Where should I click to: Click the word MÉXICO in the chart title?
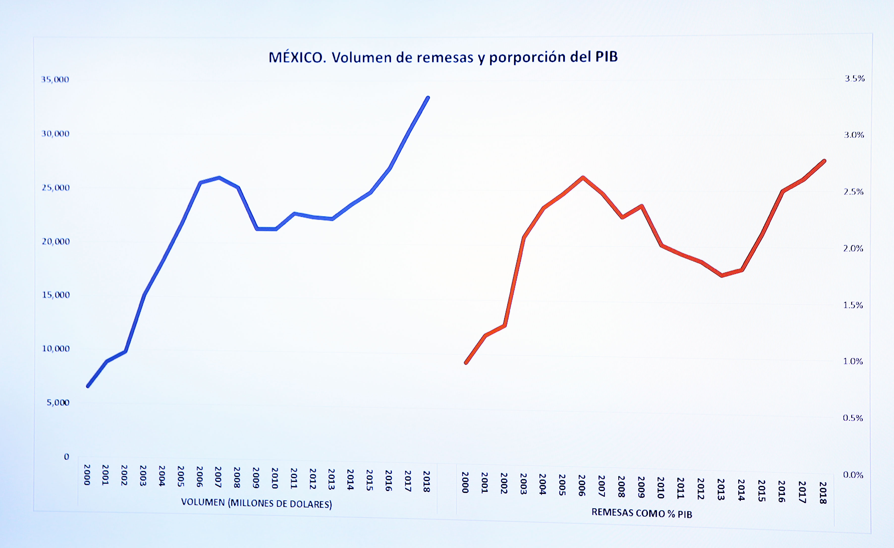296,58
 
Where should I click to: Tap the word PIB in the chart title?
606,56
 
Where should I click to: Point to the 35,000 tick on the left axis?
55,79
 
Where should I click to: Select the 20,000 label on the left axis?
56,241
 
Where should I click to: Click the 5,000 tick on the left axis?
58,402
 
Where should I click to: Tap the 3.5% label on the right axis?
854,79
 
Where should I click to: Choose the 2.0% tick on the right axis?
853,249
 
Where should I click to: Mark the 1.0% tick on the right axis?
853,361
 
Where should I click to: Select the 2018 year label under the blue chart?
427,481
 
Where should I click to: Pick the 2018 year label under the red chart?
823,493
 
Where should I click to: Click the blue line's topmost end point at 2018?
428,98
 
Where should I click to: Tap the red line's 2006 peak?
583,178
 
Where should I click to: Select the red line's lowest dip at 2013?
722,276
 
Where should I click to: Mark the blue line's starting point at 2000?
88,386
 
